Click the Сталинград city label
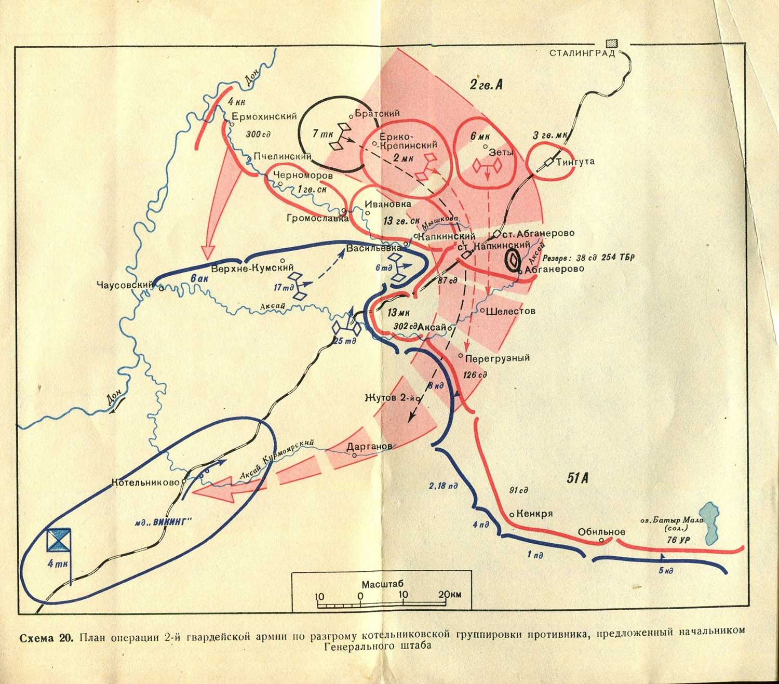pos(582,53)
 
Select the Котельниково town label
pos(145,482)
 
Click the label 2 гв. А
pos(486,85)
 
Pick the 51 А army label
pos(577,478)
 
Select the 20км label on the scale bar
pos(449,595)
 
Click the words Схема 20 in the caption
pos(47,637)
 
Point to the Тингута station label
pos(575,162)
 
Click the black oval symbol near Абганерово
pos(512,259)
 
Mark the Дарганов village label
pos(369,447)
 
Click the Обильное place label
pos(601,532)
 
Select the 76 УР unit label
pos(678,540)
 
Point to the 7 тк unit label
pos(323,134)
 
